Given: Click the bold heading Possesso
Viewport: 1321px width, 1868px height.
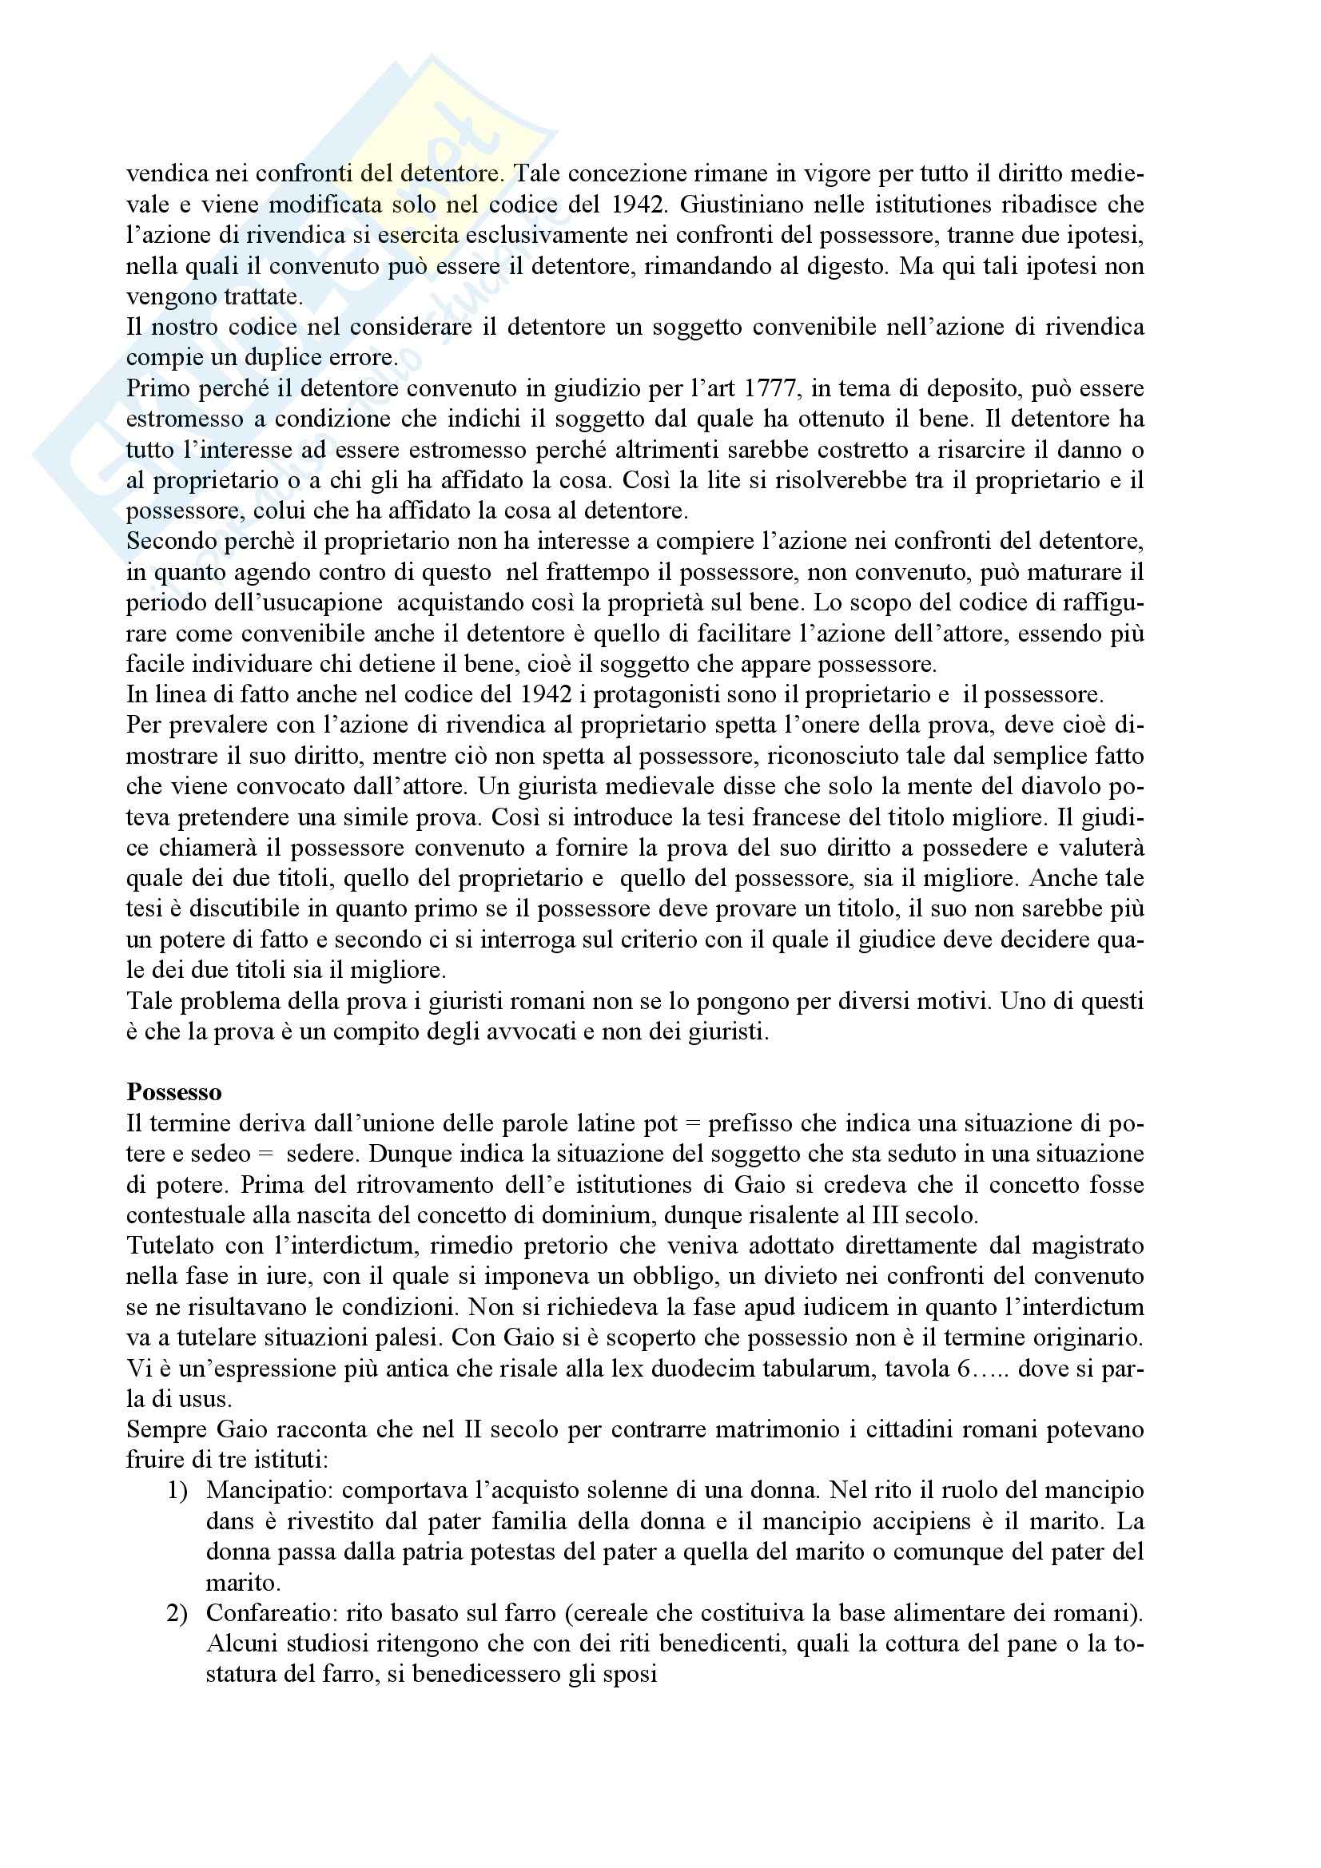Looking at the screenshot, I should click(x=173, y=1092).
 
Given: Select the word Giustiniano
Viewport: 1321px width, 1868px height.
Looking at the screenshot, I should click(x=749, y=205).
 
